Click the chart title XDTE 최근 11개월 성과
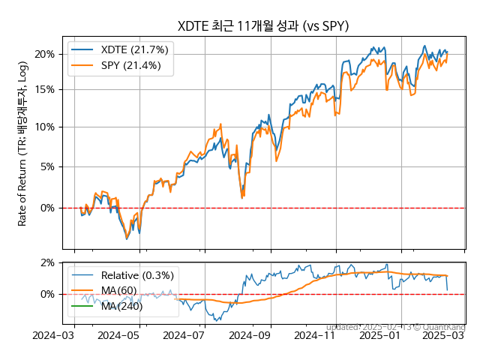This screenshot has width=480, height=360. coord(263,26)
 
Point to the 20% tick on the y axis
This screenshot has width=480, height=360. coord(45,54)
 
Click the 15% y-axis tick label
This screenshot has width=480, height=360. coord(45,89)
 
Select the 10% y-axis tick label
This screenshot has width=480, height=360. coord(45,127)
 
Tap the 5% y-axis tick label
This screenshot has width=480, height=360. coord(47,166)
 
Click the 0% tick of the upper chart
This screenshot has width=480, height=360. coord(47,208)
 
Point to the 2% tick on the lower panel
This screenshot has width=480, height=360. coord(47,262)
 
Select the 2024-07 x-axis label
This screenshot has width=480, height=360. coord(183,336)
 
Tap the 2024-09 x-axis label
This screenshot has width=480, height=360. coord(250,336)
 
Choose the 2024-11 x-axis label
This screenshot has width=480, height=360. coord(315,336)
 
